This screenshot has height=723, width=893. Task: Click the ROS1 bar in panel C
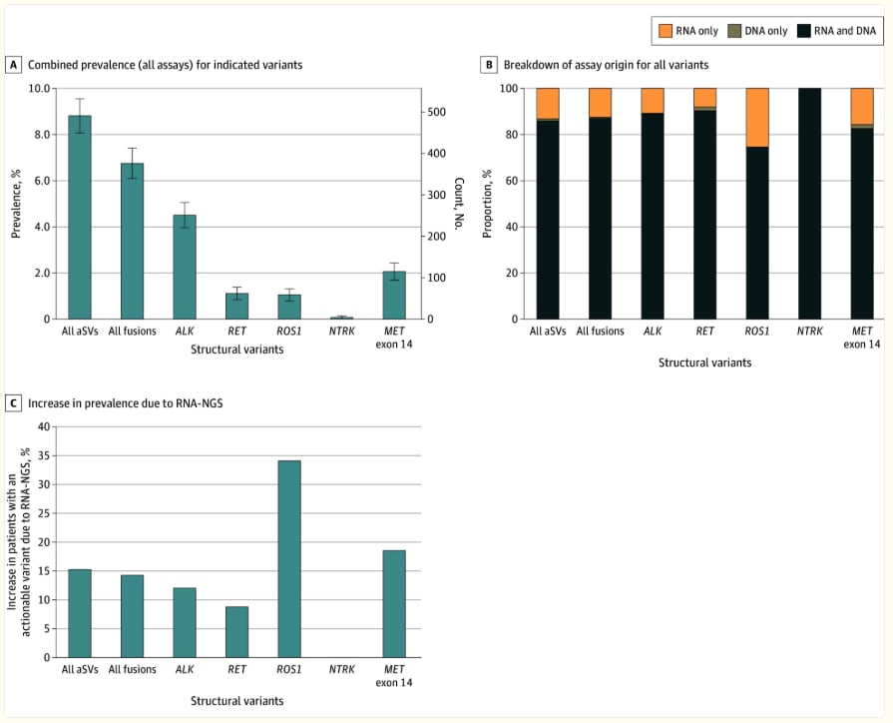coord(289,559)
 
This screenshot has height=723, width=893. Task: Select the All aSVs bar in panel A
coord(80,218)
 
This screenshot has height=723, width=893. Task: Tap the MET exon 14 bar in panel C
coord(394,604)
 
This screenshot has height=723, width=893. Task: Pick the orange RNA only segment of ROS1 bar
coord(757,118)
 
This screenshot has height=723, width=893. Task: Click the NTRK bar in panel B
coord(810,204)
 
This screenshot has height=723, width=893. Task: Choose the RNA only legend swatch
coord(666,31)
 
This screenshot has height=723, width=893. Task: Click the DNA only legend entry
coord(757,31)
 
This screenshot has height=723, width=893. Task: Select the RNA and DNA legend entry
coord(836,31)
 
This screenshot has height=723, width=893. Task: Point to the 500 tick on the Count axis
coord(437,112)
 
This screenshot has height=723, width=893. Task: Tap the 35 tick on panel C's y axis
coord(44,455)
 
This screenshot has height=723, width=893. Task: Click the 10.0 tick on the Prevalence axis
coord(39,89)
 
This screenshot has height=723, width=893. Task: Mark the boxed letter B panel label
coord(489,65)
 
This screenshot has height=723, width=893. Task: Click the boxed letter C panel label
coord(13,403)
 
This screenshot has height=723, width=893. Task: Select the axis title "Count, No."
coord(459,204)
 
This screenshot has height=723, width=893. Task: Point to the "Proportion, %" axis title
coord(488,204)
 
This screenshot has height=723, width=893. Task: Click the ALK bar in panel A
coord(185,267)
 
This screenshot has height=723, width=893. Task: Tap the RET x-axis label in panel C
coord(236,669)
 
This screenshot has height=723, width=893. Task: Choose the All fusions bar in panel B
coord(601,204)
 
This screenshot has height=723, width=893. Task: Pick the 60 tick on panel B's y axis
coord(512,181)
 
